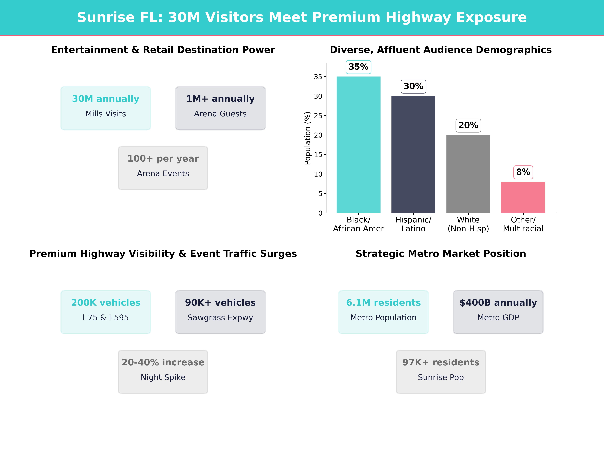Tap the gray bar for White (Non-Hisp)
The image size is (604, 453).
pyautogui.click(x=468, y=174)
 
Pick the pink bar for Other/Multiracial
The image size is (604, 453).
pyautogui.click(x=523, y=197)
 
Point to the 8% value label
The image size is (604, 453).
pyautogui.click(x=523, y=172)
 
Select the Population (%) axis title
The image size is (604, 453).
pyautogui.click(x=308, y=138)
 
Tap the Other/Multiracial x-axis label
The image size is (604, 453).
pyautogui.click(x=523, y=224)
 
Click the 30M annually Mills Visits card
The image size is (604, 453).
pyautogui.click(x=106, y=108)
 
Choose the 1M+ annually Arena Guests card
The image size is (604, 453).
pyautogui.click(x=220, y=108)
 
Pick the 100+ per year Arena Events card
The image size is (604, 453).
pyautogui.click(x=163, y=168)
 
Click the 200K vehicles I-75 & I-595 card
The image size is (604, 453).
pyautogui.click(x=106, y=312)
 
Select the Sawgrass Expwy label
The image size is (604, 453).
pyautogui.click(x=220, y=318)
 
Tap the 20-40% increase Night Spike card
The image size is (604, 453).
pyautogui.click(x=163, y=372)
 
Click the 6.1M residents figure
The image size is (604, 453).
pyautogui.click(x=383, y=303)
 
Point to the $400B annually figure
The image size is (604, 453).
pyautogui.click(x=498, y=303)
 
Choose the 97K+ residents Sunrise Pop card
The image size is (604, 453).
pyautogui.click(x=441, y=372)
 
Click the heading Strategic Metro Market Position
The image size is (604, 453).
pyautogui.click(x=441, y=254)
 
